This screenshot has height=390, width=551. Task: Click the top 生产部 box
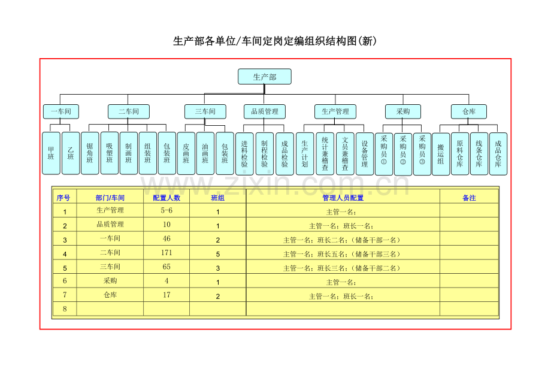(x=265, y=77)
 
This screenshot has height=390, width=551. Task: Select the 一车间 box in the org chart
(x=61, y=111)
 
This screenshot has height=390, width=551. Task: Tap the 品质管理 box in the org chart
(x=265, y=111)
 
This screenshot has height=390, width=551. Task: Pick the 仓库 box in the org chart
(x=469, y=111)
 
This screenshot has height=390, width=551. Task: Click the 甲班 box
(x=51, y=153)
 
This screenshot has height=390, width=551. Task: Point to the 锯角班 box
(x=90, y=153)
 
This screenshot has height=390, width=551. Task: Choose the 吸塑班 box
(x=109, y=153)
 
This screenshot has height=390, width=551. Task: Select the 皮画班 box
(x=186, y=153)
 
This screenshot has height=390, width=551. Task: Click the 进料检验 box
(x=244, y=153)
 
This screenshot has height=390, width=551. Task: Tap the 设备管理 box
(x=365, y=153)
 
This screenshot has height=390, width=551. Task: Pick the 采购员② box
(x=403, y=154)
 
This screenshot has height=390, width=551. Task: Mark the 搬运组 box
(x=441, y=154)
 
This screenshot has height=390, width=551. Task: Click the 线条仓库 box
(x=479, y=153)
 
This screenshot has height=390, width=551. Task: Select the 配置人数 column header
(x=166, y=198)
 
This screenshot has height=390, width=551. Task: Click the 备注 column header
(x=469, y=198)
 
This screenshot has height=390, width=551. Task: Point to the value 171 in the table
(x=166, y=253)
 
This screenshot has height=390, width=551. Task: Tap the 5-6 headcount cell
(x=166, y=210)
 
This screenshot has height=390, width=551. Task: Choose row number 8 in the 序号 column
(x=65, y=309)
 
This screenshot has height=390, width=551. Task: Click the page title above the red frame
(x=275, y=41)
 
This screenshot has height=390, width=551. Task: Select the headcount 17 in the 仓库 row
(x=166, y=295)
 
